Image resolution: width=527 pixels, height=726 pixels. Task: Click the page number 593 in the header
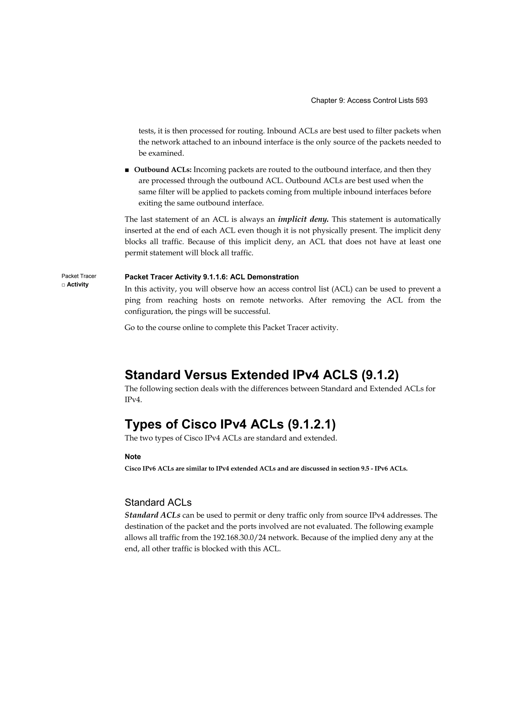pos(421,100)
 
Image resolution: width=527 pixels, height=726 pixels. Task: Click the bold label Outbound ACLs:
pos(163,170)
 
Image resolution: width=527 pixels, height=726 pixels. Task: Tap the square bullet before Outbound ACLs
pos(127,170)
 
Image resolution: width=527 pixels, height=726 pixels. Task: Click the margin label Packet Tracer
pos(79,276)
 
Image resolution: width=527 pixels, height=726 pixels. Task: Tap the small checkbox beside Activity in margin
pos(63,285)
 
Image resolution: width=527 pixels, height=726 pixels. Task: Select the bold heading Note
pos(133,457)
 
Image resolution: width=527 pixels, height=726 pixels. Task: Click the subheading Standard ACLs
pos(158,502)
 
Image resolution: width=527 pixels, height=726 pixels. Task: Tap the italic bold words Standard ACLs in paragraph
pos(153,515)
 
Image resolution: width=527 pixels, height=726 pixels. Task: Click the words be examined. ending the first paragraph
pos(161,153)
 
